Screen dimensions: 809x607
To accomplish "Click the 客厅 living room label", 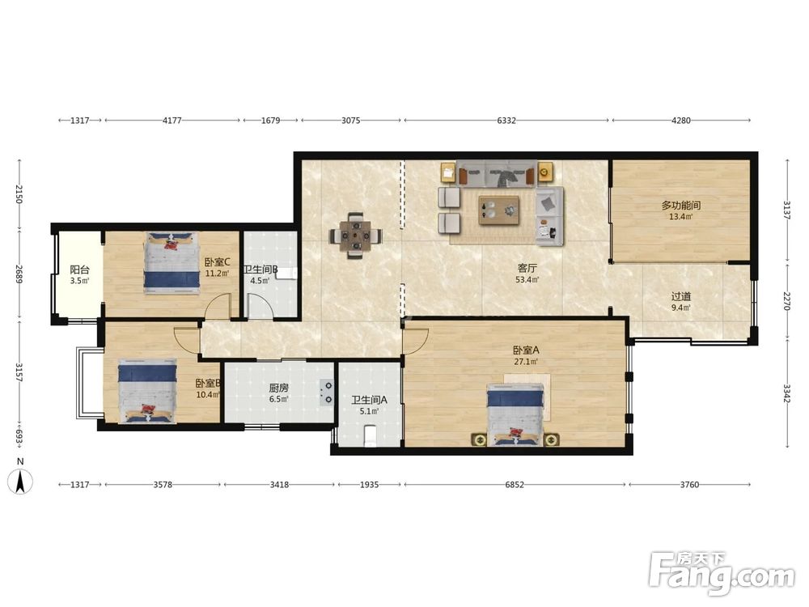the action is [x=527, y=269].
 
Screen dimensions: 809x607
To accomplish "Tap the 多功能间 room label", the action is [x=681, y=206].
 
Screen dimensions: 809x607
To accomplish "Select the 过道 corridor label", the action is [x=681, y=297].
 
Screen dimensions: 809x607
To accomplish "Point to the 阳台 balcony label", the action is [x=79, y=270].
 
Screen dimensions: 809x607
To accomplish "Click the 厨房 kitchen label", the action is [x=278, y=388].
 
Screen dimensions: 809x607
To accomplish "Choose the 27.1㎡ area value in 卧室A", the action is [x=526, y=361].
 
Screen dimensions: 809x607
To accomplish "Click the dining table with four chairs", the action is [x=355, y=236].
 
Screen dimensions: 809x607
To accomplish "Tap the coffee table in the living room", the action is [x=498, y=210].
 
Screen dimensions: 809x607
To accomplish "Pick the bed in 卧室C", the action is [x=172, y=263].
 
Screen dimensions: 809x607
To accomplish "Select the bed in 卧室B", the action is [x=147, y=391].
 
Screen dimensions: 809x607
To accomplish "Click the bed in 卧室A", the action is [x=515, y=415].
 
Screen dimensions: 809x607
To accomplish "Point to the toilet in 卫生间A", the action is [x=371, y=435].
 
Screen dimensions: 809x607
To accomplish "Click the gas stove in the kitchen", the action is [x=327, y=392].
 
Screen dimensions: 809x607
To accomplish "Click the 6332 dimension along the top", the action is [x=506, y=121].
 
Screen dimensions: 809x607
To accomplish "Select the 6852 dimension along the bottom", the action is [x=515, y=485].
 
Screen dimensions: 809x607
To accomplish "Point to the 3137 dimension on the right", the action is [x=787, y=210].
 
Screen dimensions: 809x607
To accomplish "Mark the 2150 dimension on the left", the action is [x=19, y=193].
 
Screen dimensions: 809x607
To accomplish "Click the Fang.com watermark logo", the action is [x=722, y=572].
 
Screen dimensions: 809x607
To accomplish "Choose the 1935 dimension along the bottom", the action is [x=369, y=485].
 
